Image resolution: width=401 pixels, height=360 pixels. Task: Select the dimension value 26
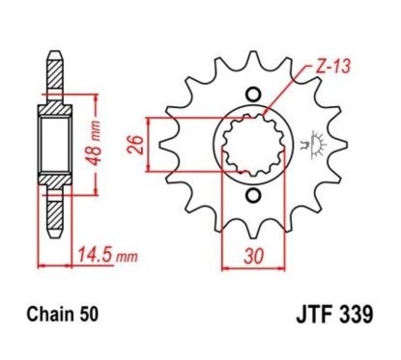coord(133,145)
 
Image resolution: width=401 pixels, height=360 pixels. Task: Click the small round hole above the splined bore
coord(253,94)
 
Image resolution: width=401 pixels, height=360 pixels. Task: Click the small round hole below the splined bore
coord(253,196)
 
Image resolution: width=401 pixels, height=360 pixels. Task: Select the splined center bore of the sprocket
coord(253,145)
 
